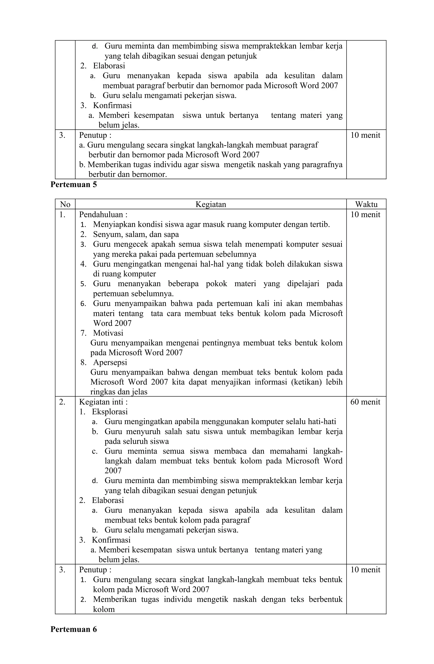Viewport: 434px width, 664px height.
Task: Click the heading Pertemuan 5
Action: tap(74, 185)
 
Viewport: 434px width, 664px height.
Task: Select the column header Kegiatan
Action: tap(211, 205)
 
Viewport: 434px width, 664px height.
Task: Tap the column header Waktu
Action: tap(366, 205)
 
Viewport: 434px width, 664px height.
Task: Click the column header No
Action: tap(65, 205)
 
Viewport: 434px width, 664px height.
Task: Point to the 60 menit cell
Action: tap(365, 402)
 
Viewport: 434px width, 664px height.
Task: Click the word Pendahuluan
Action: tap(101, 215)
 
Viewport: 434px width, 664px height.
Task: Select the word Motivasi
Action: tap(108, 333)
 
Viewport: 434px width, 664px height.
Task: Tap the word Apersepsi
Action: tap(110, 362)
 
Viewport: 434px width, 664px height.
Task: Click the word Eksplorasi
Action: tap(110, 412)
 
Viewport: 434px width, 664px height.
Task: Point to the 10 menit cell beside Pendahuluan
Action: tap(365, 215)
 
